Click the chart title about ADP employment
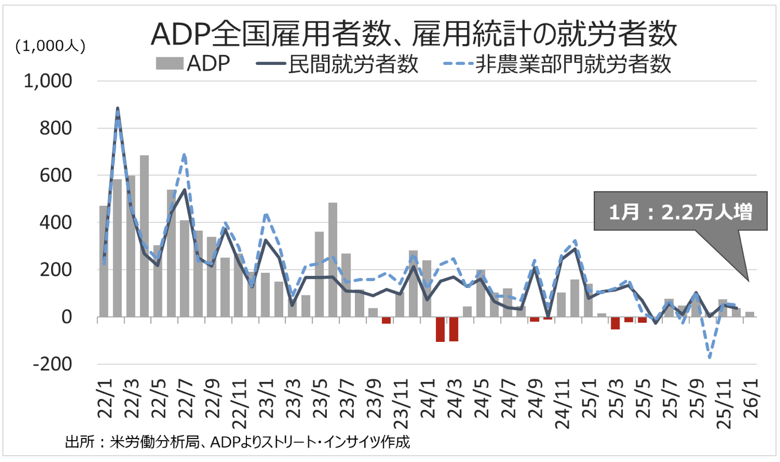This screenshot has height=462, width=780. coord(413,34)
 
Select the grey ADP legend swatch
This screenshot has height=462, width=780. coord(169,63)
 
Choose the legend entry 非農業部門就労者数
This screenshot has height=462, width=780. coord(573,64)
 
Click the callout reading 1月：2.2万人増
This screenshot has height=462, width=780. coord(681,212)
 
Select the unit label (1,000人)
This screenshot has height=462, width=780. coord(51,46)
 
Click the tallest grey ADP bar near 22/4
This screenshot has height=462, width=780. coord(144,236)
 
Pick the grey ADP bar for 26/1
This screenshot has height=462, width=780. coord(750,314)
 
